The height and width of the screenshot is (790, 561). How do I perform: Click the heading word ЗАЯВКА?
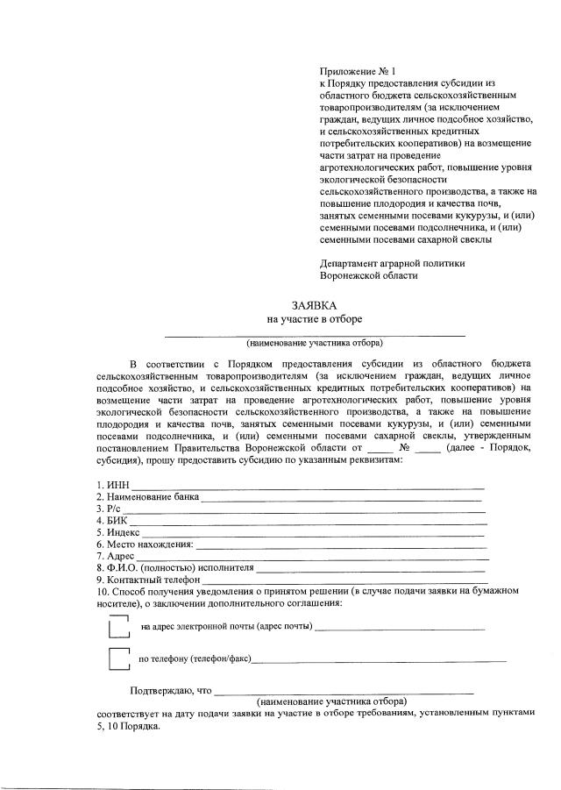coord(315,305)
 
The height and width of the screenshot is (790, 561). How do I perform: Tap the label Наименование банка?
coord(149,497)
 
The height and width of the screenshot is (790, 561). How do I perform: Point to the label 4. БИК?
coord(113,520)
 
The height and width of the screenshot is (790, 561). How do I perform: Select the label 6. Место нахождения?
coord(145,544)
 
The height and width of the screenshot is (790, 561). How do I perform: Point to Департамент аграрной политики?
coord(392,262)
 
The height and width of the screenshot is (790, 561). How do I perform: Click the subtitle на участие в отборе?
coord(315,319)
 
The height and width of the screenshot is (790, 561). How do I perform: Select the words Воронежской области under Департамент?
coord(369,274)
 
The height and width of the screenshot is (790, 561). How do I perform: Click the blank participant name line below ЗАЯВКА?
coord(315,333)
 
